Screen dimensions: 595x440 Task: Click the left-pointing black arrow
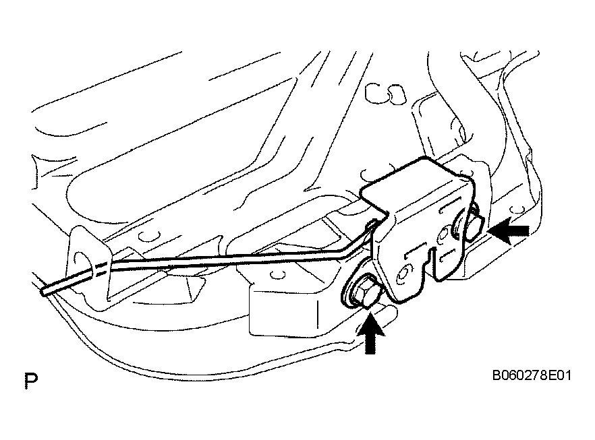509,230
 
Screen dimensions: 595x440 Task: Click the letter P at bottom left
31,381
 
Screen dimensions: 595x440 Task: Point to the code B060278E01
532,375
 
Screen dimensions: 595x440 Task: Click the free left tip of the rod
43,291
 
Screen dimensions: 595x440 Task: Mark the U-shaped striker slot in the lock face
433,264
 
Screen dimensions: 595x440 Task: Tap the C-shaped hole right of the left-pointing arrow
515,210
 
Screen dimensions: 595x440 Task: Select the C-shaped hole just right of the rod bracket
150,236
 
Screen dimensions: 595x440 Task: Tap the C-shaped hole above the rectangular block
277,274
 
